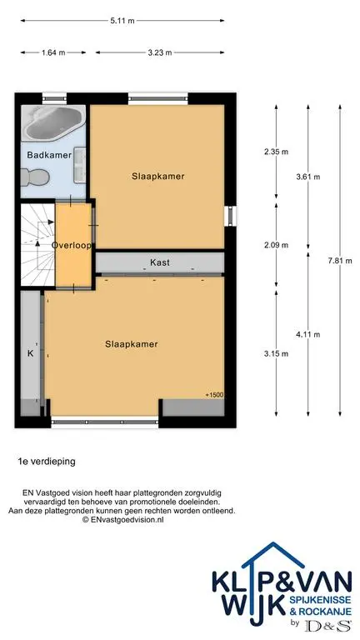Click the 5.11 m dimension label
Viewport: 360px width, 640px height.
(122, 20)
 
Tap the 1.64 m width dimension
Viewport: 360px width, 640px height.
(53, 52)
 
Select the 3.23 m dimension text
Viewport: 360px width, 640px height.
(160, 52)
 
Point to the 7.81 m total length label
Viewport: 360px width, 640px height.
(340, 261)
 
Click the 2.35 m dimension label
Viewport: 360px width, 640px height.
(277, 152)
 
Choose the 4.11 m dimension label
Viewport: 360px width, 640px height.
(307, 335)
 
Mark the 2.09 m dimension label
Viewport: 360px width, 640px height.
(277, 245)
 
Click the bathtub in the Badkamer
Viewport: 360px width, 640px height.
(53, 122)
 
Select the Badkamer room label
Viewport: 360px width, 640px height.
(49, 155)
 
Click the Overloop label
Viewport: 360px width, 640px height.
(71, 246)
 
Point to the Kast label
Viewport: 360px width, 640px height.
(160, 262)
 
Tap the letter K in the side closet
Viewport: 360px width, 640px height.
(30, 353)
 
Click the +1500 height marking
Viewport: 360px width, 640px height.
(215, 395)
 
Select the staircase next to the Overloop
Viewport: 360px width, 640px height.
(37, 245)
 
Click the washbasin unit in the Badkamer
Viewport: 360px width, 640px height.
(80, 165)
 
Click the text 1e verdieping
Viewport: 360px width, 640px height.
(47, 462)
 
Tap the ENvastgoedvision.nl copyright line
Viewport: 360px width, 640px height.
(122, 520)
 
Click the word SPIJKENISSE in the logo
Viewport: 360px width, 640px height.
(320, 600)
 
